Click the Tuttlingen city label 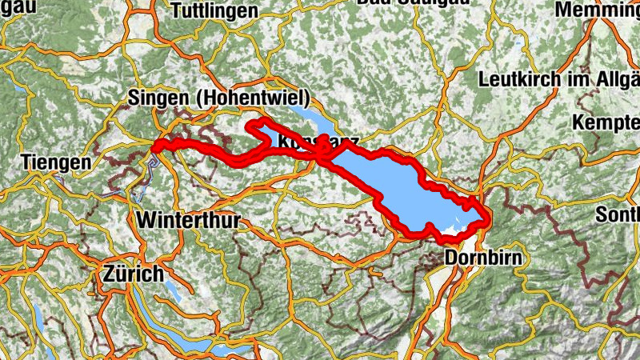[214, 10]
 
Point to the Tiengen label [57, 162]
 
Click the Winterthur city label [188, 219]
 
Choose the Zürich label [133, 274]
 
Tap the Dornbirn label [482, 258]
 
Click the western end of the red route [155, 146]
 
